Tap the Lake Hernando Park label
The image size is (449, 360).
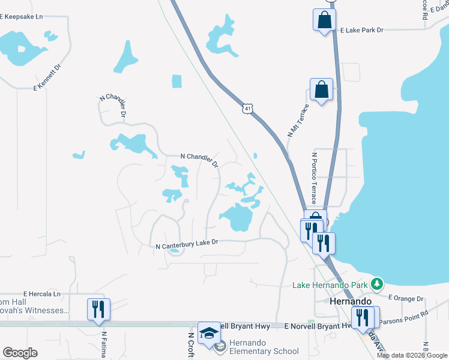coord(331,284)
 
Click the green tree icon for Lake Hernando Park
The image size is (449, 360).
coord(376,283)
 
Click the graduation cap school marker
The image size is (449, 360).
coord(209,334)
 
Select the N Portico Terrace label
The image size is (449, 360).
coord(313,178)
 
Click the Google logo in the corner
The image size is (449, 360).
coord(20,353)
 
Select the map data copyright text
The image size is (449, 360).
coord(412,355)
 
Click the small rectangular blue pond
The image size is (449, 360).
coord(176,82)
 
